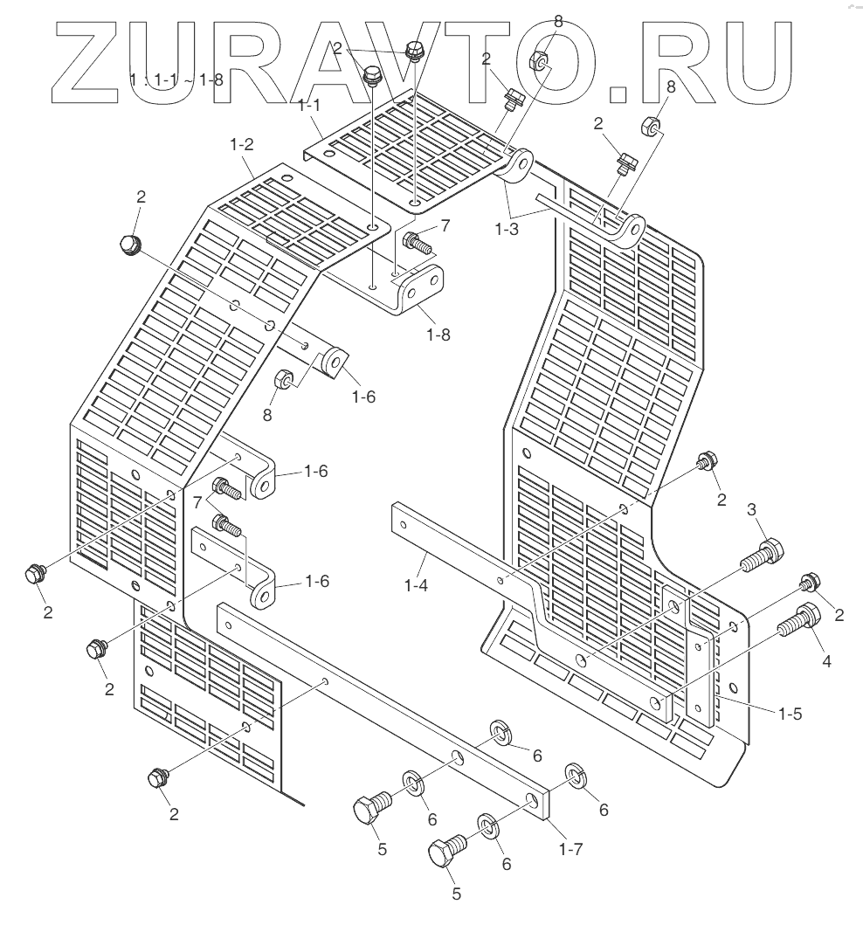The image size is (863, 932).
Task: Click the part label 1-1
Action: [x=309, y=107]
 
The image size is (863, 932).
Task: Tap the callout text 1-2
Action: [x=242, y=146]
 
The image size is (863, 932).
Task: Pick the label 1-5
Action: [x=790, y=712]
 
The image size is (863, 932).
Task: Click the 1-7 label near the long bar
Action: [x=571, y=846]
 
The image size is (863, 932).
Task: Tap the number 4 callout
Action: [x=825, y=661]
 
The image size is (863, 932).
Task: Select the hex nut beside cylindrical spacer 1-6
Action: [x=283, y=380]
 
